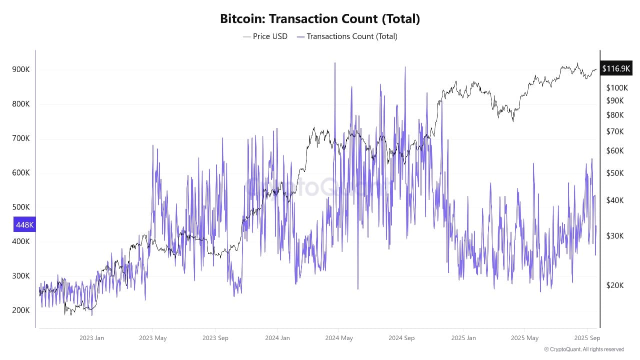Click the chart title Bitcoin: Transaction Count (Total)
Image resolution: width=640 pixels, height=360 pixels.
point(320,19)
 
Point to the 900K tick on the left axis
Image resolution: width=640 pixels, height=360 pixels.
point(21,69)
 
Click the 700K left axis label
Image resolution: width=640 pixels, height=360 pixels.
point(21,138)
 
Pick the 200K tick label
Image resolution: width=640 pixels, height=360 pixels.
point(21,310)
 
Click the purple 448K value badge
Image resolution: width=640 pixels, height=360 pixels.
point(24,225)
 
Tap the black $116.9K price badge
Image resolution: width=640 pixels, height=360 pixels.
point(616,68)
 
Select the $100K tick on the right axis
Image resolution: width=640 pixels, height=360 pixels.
point(616,88)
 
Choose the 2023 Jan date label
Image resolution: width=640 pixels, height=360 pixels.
point(92,338)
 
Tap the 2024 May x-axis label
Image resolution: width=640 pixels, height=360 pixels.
point(339,338)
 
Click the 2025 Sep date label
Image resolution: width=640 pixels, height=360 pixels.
point(587,338)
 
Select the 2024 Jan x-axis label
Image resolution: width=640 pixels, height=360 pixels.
point(277,338)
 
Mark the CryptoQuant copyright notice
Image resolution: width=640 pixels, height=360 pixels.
point(584,349)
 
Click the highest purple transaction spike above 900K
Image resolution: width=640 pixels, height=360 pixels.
point(334,63)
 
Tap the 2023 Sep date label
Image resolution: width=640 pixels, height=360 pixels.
point(215,338)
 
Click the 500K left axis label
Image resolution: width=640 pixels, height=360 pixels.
point(21,207)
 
